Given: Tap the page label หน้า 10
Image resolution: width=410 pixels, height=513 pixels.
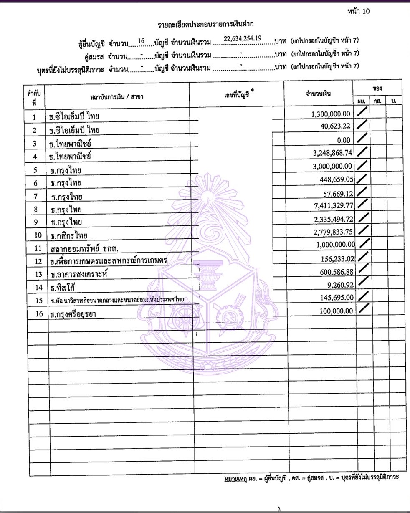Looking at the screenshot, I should (x=358, y=11).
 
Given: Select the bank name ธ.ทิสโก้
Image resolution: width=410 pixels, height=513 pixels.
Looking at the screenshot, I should (x=63, y=287).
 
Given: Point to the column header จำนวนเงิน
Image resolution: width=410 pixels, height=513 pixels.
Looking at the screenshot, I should (x=319, y=94).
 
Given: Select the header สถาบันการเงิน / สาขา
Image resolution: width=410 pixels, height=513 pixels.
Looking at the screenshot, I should (x=117, y=97).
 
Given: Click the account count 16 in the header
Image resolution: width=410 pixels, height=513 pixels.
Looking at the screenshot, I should (x=141, y=41).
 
